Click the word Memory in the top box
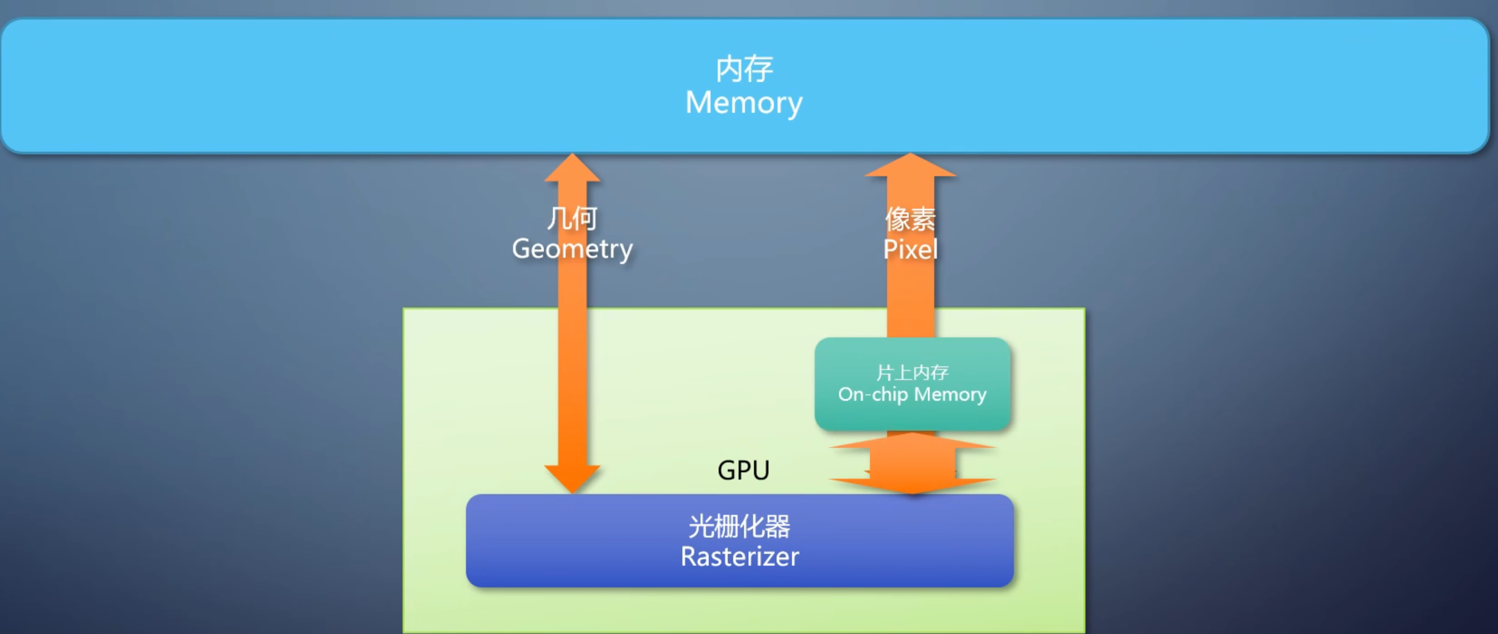[744, 103]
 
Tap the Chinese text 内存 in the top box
[744, 69]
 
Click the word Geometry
[572, 250]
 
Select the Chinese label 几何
[572, 219]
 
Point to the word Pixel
[910, 250]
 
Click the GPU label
[743, 470]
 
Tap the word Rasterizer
[739, 557]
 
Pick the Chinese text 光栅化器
[739, 526]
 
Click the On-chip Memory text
[912, 395]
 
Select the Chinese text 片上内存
[912, 372]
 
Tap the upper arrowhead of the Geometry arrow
[572, 168]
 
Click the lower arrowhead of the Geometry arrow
[572, 478]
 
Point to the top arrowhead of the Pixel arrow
[911, 166]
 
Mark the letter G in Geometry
[522, 249]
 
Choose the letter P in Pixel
[890, 250]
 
